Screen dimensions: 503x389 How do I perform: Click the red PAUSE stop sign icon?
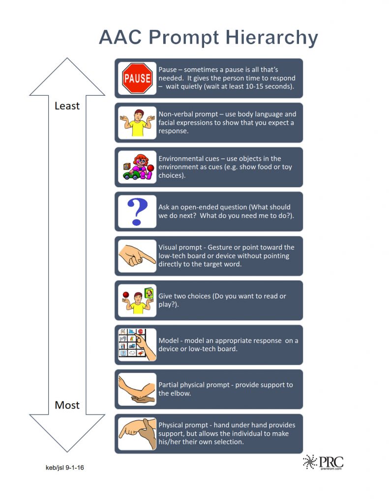(x=137, y=78)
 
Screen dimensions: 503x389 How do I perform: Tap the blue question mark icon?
(x=137, y=212)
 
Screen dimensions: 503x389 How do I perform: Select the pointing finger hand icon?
(x=137, y=256)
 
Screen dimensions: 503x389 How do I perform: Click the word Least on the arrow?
(x=67, y=106)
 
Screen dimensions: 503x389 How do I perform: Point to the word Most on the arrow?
(x=67, y=405)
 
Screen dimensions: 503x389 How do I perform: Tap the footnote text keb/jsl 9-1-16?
(x=61, y=468)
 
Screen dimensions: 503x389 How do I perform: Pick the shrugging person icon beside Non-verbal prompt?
(x=137, y=123)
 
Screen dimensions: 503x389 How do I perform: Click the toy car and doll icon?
(x=137, y=167)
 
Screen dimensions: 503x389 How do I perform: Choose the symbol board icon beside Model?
(x=137, y=345)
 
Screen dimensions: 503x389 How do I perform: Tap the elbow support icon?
(x=137, y=389)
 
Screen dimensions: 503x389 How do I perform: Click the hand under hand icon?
(x=137, y=434)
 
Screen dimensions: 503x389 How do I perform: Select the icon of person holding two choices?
(x=137, y=300)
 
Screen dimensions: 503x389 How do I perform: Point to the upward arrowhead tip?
(x=67, y=59)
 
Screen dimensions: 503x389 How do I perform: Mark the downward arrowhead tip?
(x=67, y=450)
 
